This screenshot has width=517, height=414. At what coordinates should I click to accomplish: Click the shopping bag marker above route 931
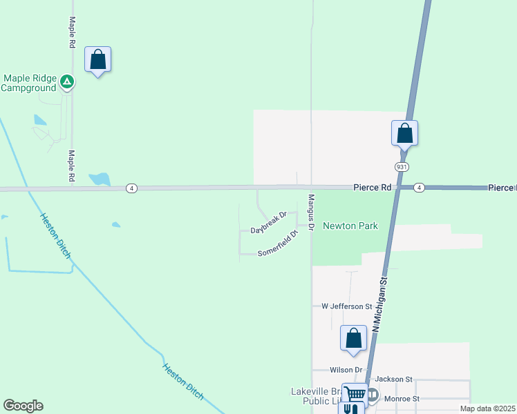click(405, 132)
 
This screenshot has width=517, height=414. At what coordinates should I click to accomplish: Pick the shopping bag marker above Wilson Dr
click(354, 339)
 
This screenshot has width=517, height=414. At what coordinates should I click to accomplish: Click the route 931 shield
click(402, 167)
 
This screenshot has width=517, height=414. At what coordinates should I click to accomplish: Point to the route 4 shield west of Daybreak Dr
click(132, 188)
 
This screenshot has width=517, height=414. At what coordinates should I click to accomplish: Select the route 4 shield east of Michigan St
click(419, 188)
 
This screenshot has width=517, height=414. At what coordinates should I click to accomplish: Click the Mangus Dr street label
click(311, 213)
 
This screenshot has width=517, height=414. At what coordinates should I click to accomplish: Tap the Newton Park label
click(350, 226)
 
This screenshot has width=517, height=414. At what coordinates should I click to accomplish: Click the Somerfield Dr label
click(277, 244)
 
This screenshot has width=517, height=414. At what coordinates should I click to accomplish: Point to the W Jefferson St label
click(347, 306)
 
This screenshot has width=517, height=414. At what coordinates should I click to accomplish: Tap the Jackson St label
click(393, 379)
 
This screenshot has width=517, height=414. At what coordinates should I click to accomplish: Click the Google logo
click(23, 406)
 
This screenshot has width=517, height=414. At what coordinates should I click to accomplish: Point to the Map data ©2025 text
click(487, 408)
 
